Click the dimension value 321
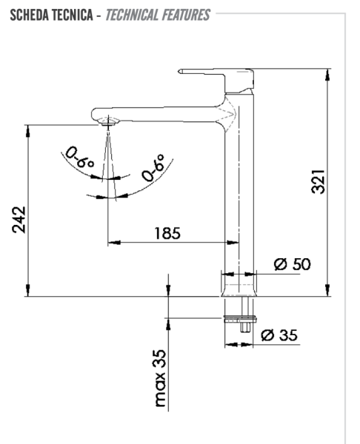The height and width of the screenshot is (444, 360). pos(318,180)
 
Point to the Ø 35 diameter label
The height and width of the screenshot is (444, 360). pos(279,334)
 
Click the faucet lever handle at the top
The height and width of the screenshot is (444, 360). pos(215,73)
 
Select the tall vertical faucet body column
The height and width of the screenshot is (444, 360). pos(239,192)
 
